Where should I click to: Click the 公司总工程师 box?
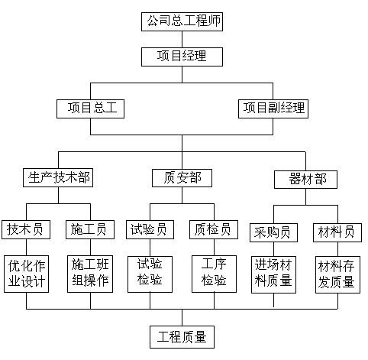182,21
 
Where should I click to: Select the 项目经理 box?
182,57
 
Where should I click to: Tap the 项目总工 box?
90,109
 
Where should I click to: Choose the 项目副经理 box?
273,109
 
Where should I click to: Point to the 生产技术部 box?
58,177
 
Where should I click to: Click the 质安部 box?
182,178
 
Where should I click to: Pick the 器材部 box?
305,180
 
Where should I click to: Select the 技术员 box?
26,229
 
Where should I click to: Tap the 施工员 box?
90,229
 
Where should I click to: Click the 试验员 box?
150,229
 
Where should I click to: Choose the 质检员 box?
214,229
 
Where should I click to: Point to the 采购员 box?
273,232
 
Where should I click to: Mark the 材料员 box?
337,232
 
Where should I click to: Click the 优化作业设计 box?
26,274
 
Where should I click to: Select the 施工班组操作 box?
90,274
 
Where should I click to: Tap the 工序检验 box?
214,274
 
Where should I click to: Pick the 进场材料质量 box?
273,274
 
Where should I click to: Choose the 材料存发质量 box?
337,274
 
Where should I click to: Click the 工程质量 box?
182,337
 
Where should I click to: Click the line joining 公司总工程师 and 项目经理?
182,40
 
